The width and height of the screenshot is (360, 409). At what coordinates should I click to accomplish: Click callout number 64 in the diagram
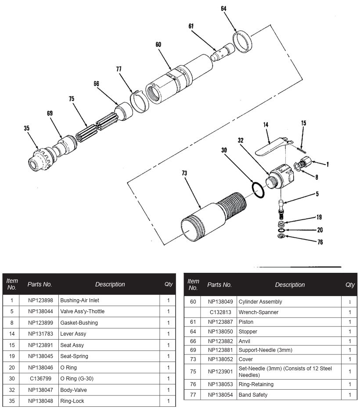click(224, 8)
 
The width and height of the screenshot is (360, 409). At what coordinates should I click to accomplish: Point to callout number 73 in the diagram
click(184, 174)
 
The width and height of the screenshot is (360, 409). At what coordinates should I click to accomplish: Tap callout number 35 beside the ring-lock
click(27, 128)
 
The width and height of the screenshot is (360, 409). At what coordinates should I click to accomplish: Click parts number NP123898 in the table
click(40, 300)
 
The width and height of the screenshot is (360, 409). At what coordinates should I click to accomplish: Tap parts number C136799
click(40, 379)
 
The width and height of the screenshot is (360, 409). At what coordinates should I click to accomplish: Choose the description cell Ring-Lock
click(72, 401)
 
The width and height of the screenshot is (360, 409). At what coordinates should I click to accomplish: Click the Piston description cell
click(246, 322)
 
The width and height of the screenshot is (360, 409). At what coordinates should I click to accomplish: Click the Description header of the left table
click(110, 284)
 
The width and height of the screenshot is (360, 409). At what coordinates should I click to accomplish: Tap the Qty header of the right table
click(349, 285)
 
